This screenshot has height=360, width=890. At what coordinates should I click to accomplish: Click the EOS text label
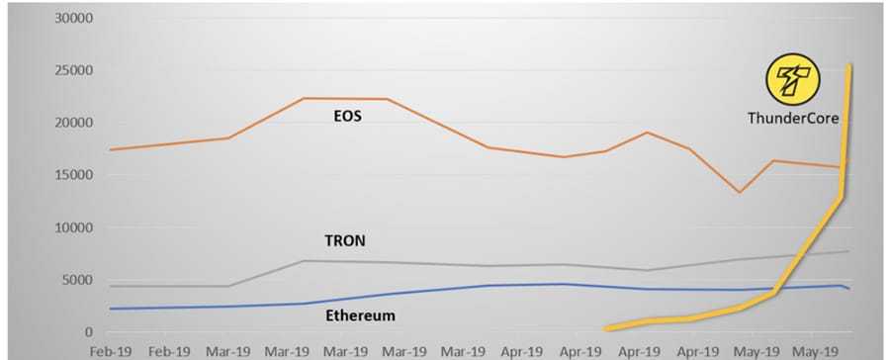click(346, 117)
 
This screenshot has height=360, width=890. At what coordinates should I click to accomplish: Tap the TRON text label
click(346, 240)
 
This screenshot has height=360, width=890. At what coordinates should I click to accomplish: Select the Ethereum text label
click(361, 315)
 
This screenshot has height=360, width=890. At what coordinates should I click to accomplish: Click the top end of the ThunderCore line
click(850, 66)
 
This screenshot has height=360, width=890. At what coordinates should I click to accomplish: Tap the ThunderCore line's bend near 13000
click(842, 197)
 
